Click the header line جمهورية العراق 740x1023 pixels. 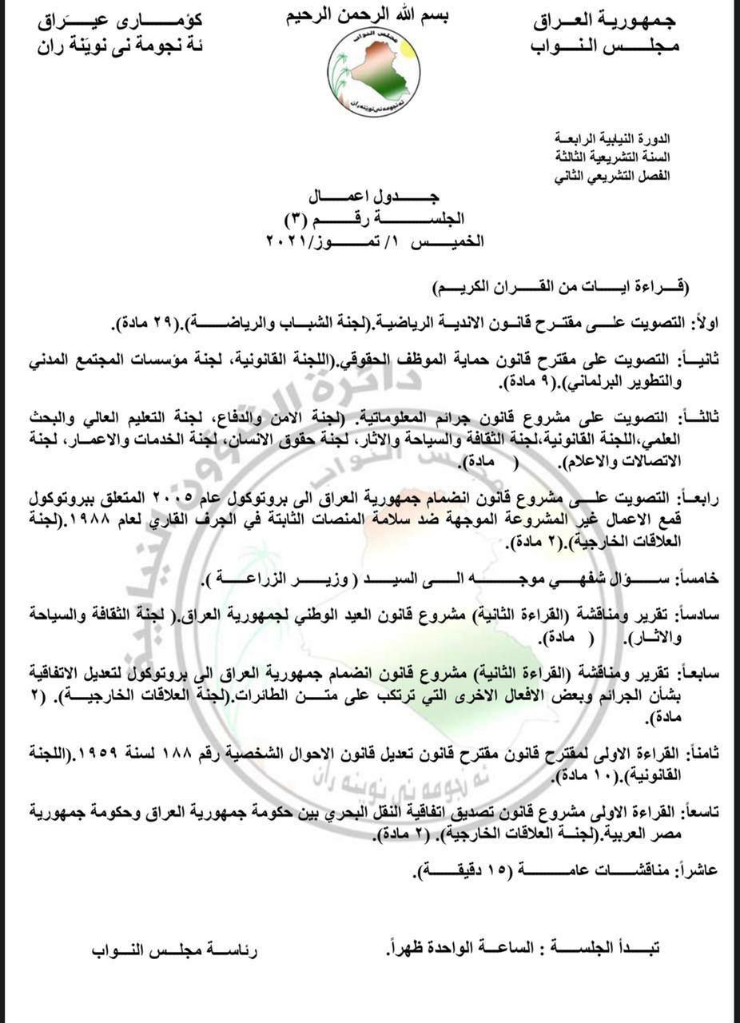(604, 22)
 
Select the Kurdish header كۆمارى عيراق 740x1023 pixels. (120, 22)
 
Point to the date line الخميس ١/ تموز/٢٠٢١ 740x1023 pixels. (375, 241)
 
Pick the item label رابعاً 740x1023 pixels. (699, 497)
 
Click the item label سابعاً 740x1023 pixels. (698, 674)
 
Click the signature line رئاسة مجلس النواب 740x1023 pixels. (175, 951)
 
